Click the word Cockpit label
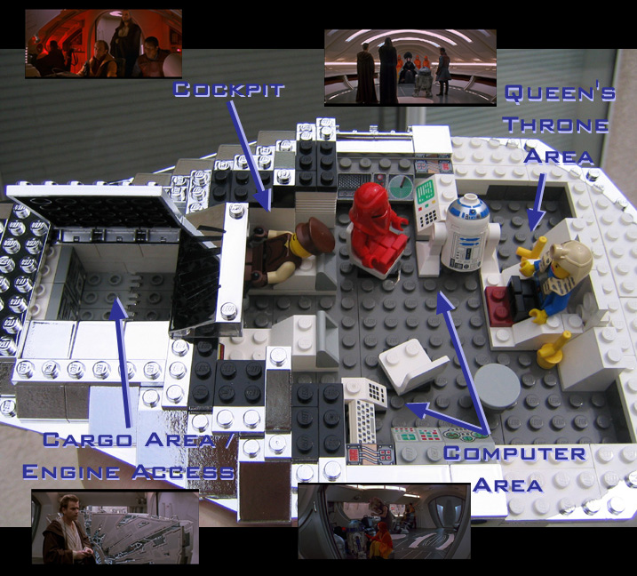[228, 91]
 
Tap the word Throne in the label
[555, 124]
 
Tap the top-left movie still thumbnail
[103, 44]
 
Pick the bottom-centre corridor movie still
[384, 522]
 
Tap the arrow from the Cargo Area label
[122, 356]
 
